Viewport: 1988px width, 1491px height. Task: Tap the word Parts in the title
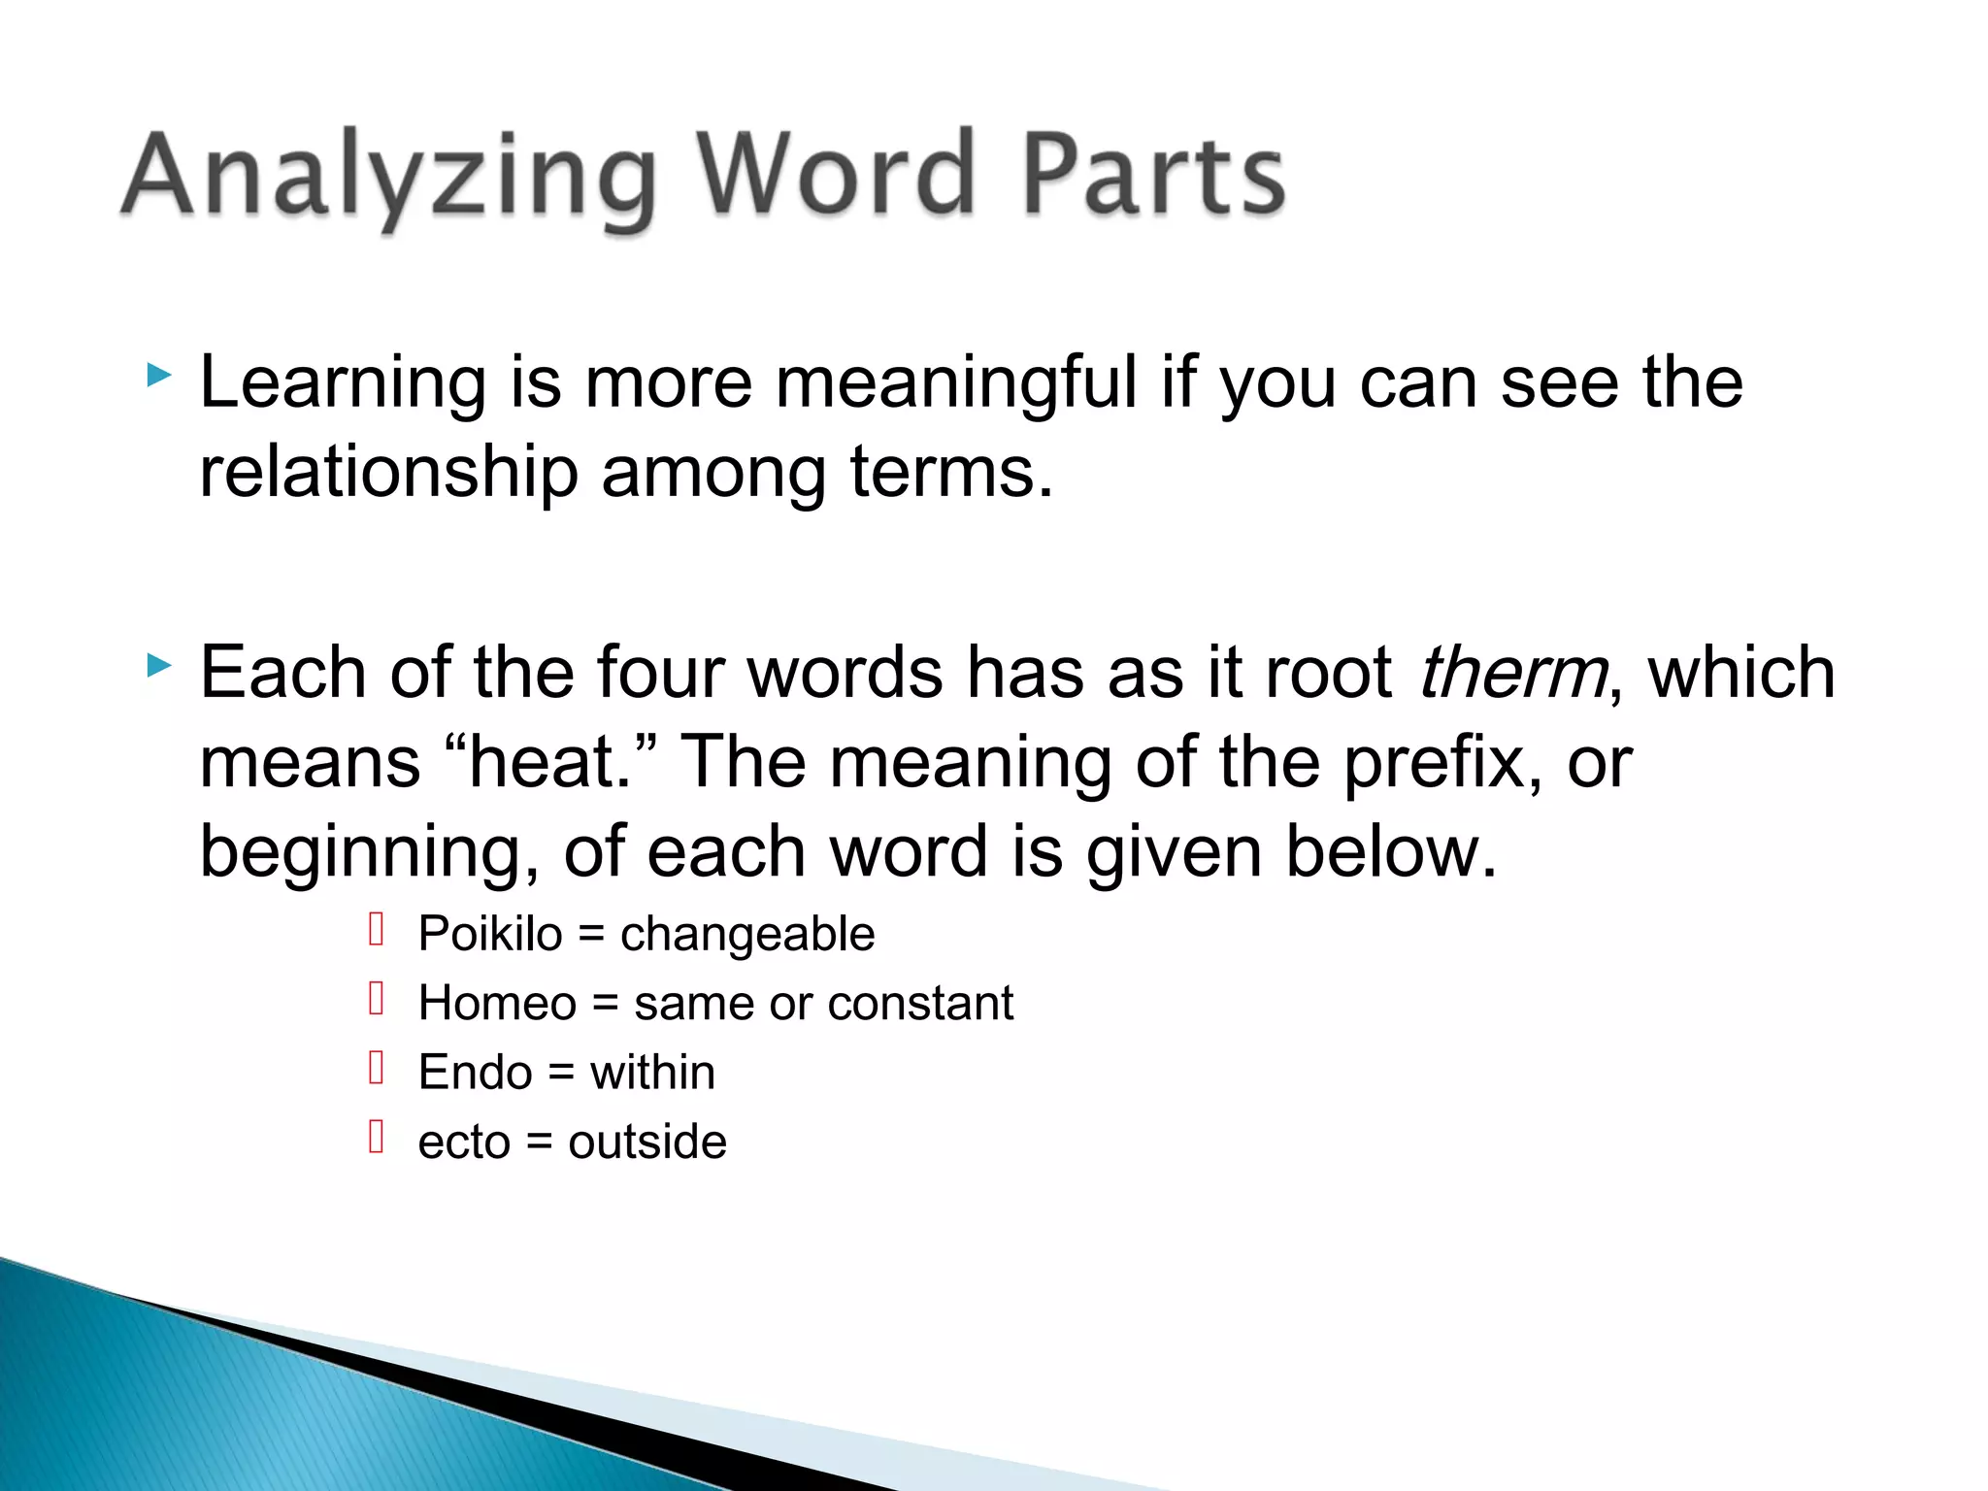(1154, 175)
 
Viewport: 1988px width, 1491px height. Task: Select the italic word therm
(1512, 674)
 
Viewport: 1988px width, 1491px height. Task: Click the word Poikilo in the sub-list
(490, 935)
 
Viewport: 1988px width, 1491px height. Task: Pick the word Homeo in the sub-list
(497, 1004)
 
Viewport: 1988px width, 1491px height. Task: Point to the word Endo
(475, 1074)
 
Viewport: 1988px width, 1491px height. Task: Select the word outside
(646, 1143)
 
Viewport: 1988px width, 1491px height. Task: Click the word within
(652, 1074)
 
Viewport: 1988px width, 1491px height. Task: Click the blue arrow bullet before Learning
(158, 375)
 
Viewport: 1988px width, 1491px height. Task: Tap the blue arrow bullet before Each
(158, 666)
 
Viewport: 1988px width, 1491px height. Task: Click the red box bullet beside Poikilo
(378, 930)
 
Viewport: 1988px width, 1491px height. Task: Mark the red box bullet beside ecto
(378, 1137)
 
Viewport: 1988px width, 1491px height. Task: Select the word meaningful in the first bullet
(956, 384)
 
